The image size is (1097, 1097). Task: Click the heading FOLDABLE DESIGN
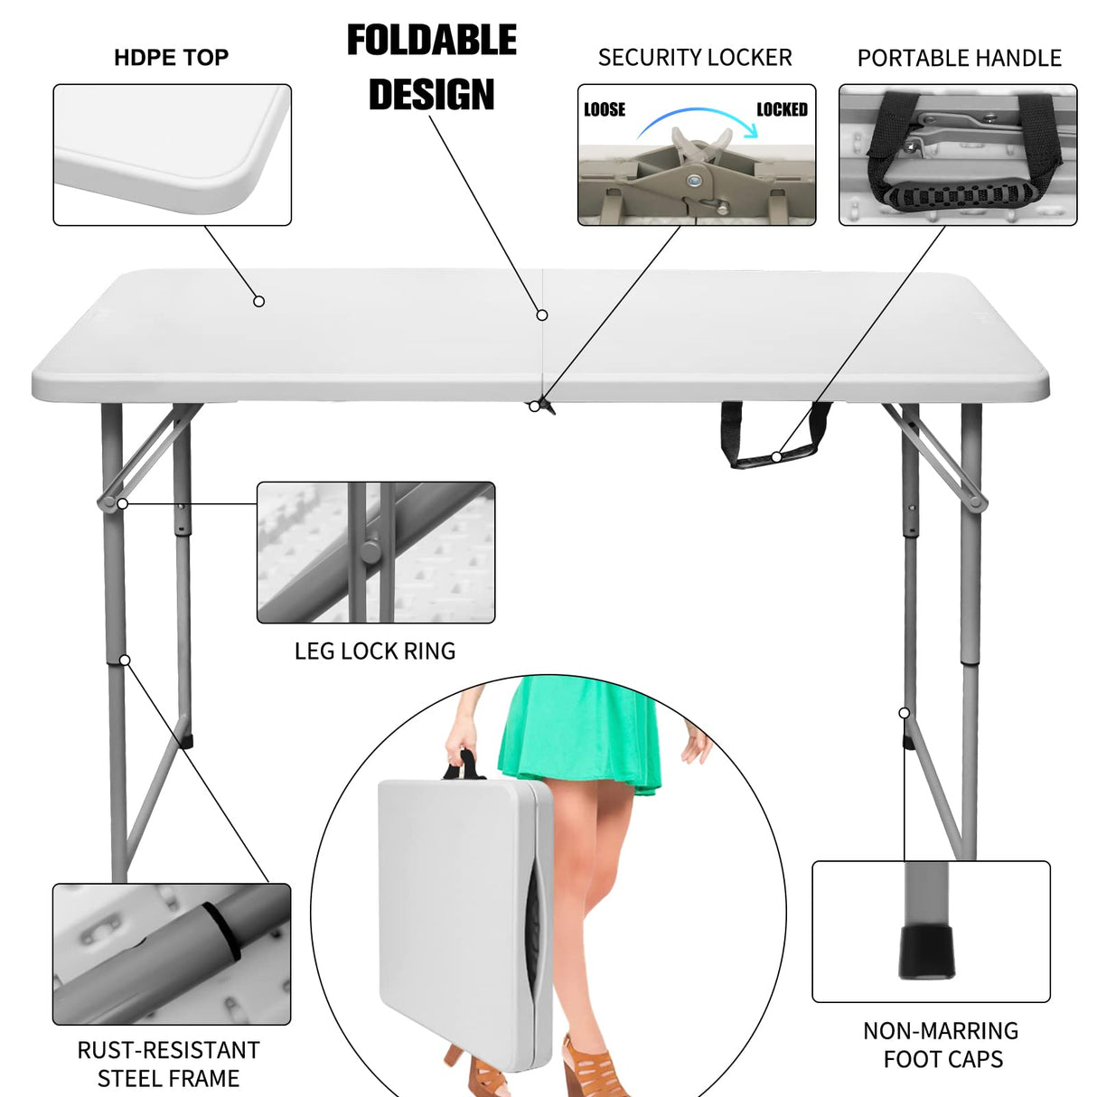[x=432, y=68]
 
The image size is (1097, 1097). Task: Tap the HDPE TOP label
[x=171, y=58]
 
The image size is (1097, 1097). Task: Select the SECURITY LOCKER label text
[x=694, y=58]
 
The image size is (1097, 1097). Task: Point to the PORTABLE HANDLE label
[x=959, y=59]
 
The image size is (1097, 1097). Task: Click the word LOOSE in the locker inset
[x=605, y=110]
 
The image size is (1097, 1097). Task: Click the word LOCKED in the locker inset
[x=782, y=109]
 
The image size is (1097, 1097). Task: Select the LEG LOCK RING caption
[x=375, y=652]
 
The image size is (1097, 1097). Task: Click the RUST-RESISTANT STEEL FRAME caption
[x=169, y=1064]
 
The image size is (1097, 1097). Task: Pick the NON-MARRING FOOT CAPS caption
[x=942, y=1045]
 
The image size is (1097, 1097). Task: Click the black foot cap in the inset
[x=926, y=951]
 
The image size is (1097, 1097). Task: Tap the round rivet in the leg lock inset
[x=370, y=552]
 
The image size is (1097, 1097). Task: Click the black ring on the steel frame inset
[x=222, y=931]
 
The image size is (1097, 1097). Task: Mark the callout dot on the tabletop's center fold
[x=542, y=314]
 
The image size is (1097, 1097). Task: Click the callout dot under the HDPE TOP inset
[x=258, y=301]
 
